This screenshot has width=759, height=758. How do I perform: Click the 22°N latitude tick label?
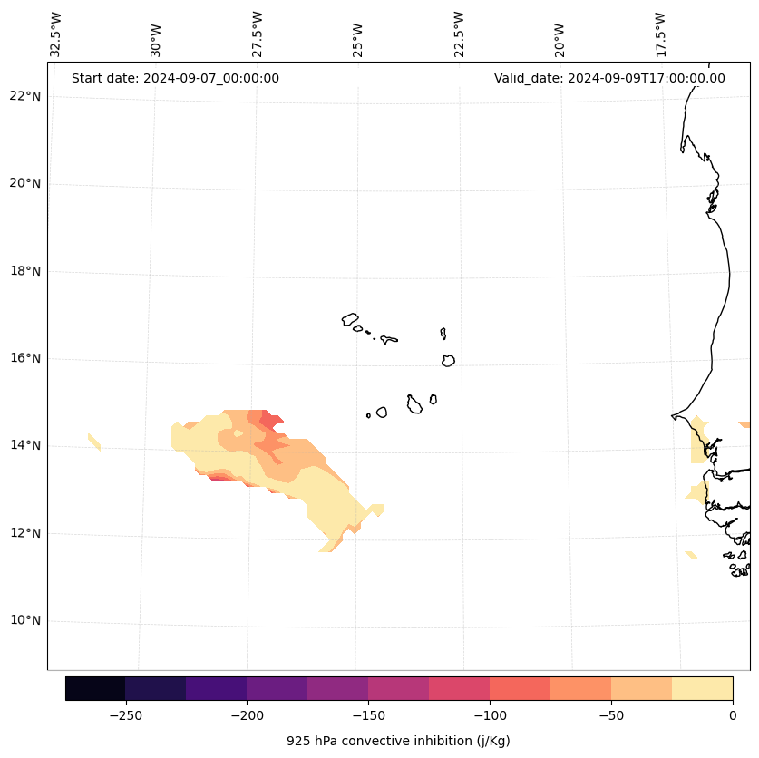pyautogui.click(x=25, y=96)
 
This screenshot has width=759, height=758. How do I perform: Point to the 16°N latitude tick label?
pyautogui.click(x=25, y=358)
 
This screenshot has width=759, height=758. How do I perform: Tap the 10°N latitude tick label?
pyautogui.click(x=25, y=621)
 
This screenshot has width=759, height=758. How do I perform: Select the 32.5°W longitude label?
pyautogui.click(x=56, y=34)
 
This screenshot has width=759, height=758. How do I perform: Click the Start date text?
pyautogui.click(x=175, y=78)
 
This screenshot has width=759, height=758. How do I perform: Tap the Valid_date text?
pyautogui.click(x=609, y=78)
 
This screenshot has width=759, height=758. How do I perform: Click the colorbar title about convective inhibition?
pyautogui.click(x=398, y=741)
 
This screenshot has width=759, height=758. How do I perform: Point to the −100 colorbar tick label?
pyautogui.click(x=490, y=715)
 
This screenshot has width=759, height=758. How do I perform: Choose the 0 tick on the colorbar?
pyautogui.click(x=733, y=715)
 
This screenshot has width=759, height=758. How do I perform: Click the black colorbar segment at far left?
pyautogui.click(x=95, y=688)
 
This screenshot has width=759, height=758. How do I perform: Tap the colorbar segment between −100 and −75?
pyautogui.click(x=520, y=688)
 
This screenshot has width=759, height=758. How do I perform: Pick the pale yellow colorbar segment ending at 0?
pyautogui.click(x=702, y=688)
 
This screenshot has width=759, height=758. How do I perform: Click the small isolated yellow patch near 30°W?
pyautogui.click(x=94, y=442)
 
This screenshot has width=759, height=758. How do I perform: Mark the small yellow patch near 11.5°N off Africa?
pyautogui.click(x=691, y=554)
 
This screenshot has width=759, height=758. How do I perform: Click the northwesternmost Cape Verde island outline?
pyautogui.click(x=350, y=319)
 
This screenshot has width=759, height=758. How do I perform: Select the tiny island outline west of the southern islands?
pyautogui.click(x=368, y=415)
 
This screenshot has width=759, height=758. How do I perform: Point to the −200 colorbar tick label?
pyautogui.click(x=247, y=715)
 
